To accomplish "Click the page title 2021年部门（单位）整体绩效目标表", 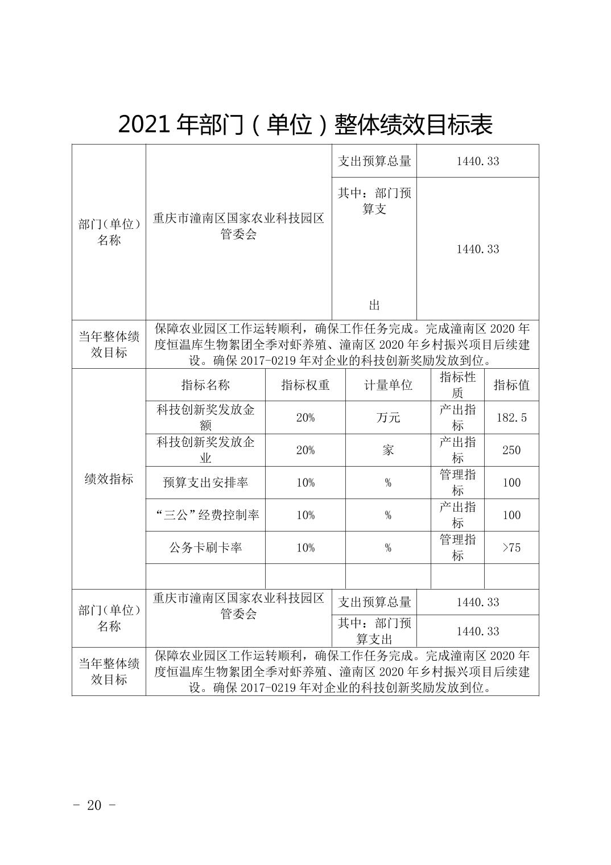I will coord(305,125).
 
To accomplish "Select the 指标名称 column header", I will coord(205,385).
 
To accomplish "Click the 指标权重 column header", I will coord(305,385).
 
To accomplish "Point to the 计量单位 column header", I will coord(388,385).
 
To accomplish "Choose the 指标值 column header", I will coord(511,385).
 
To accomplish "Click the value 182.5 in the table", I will coord(511,418).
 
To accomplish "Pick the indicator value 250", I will coord(511,450).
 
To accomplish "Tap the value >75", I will coord(511,547).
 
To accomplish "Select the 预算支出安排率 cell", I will coord(205,483).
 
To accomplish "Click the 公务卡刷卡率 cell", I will coord(205,547).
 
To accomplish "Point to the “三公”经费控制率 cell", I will coord(205,515).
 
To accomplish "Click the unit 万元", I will coord(388,418).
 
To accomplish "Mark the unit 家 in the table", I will coord(388,450).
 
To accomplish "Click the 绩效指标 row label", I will coord(109,479).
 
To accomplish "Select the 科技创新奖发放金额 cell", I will coord(205,418).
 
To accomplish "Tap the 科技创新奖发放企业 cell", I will coord(205,450).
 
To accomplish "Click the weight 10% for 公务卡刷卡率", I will coord(305,547).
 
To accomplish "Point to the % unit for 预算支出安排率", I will coord(388,483).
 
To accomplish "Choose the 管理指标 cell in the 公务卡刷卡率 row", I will coord(457,547).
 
